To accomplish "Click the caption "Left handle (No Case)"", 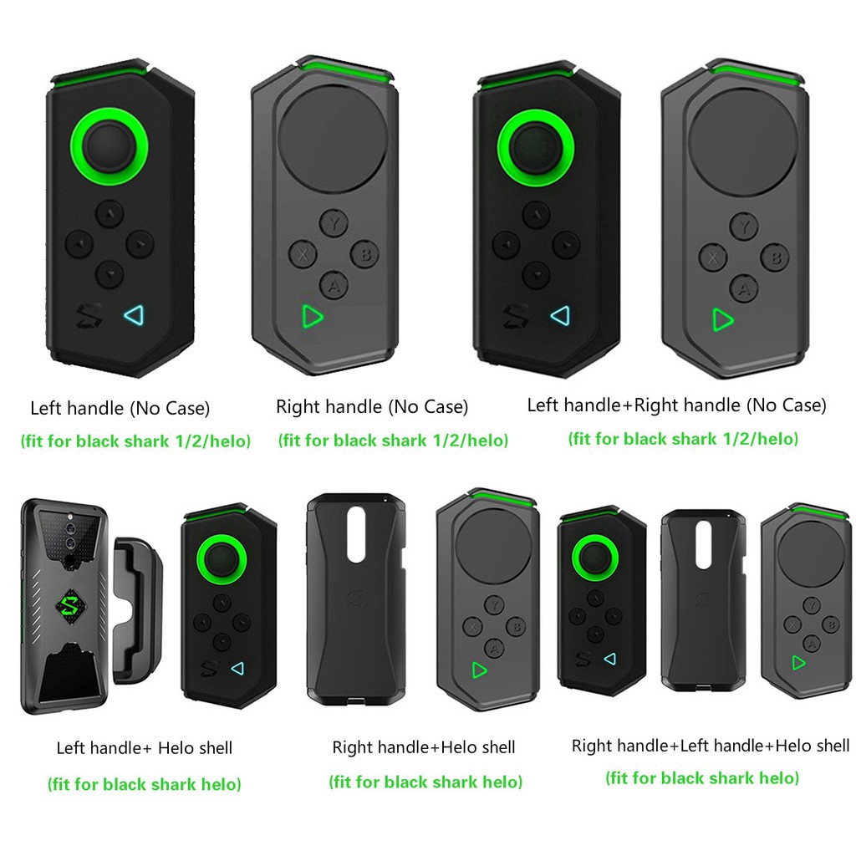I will tap(120, 409).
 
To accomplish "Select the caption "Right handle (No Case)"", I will tap(372, 407).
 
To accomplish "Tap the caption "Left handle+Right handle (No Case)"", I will tap(676, 405).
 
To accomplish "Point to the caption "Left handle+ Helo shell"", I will tap(145, 747).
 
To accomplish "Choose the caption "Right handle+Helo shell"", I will tap(424, 746).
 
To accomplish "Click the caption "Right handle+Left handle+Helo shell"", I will tap(711, 745).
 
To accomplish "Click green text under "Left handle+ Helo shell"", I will tap(145, 784).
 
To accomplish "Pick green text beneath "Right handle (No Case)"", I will tap(393, 440).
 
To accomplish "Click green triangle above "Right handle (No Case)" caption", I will tap(312, 316).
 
